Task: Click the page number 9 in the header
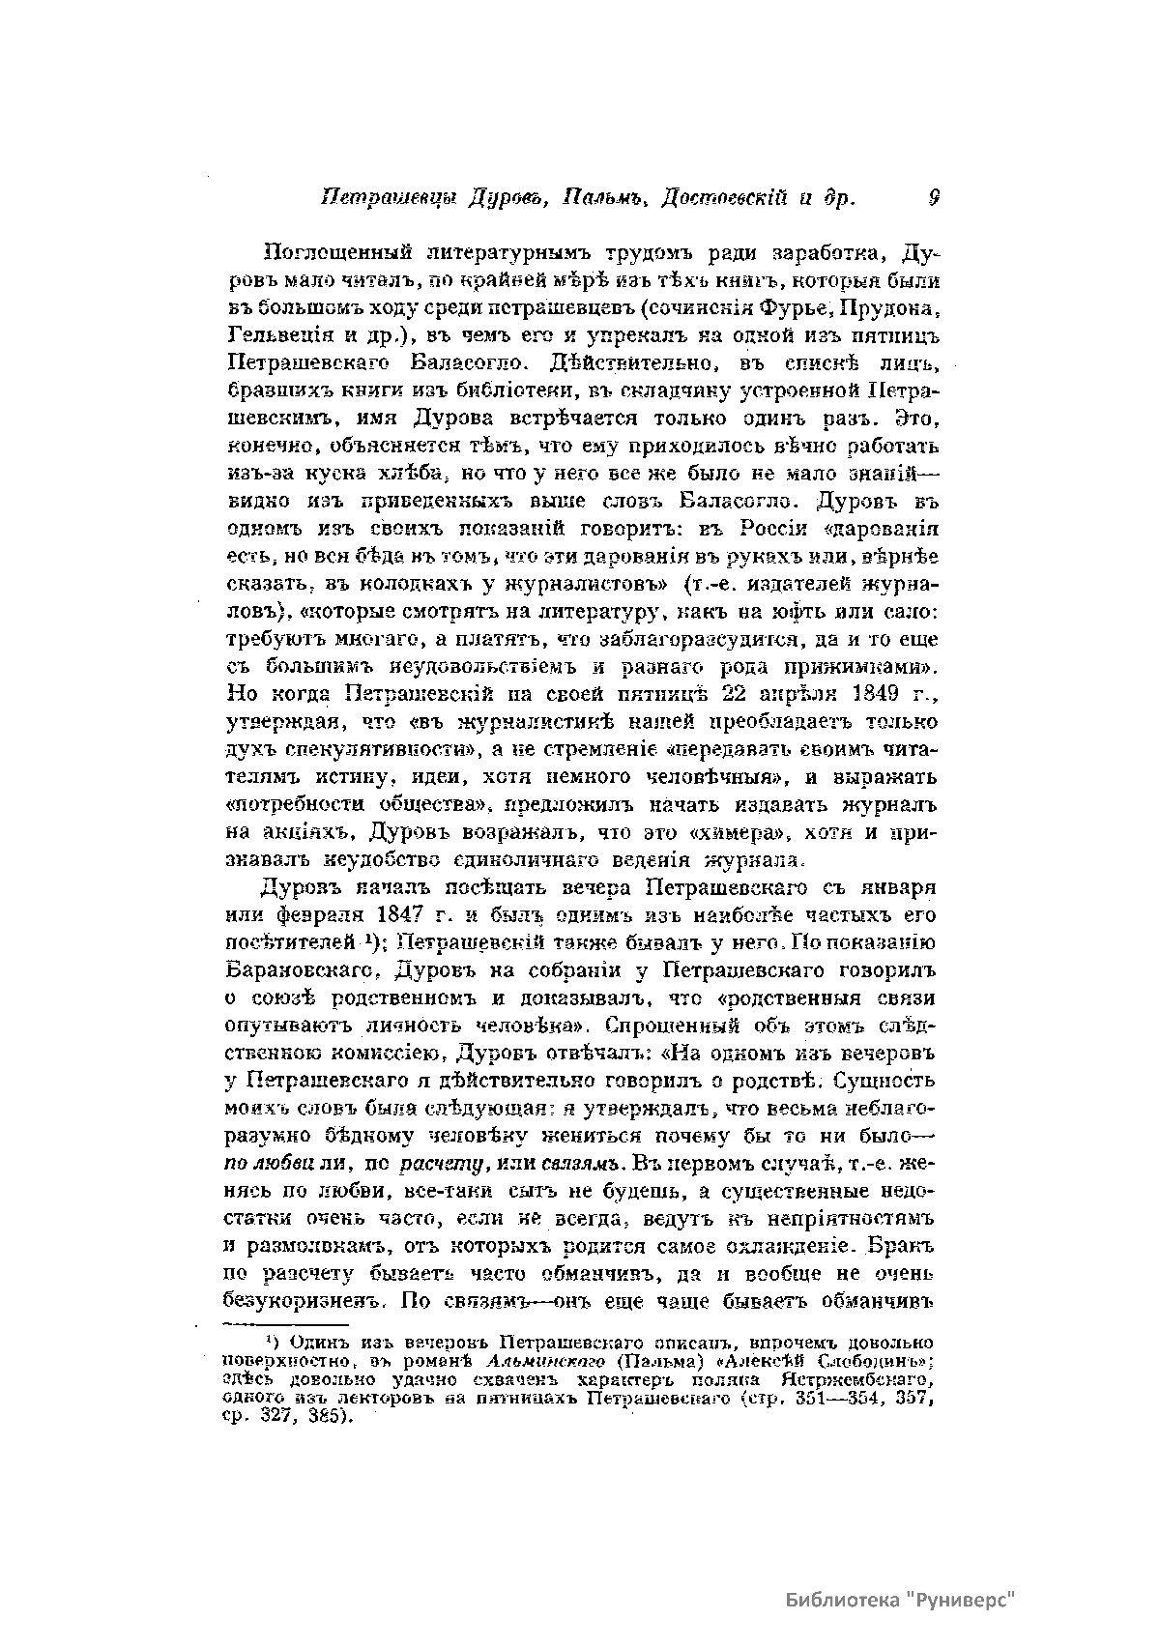tap(934, 197)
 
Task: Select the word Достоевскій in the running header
tap(722, 198)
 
